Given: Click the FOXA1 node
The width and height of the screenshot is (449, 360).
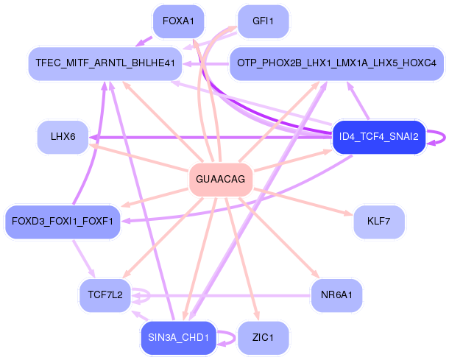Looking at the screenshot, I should pos(178,21).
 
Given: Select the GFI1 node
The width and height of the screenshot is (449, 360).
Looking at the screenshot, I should pos(263,21).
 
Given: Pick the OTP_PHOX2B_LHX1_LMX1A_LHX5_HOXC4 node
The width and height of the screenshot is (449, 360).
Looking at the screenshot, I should pos(336,64).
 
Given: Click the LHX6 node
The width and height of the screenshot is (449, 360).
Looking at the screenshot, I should pos(63,137).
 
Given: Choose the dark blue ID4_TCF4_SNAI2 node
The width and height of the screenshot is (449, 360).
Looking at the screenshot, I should pos(378,137).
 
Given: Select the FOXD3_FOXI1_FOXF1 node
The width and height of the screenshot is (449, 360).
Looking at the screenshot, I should pos(63,221).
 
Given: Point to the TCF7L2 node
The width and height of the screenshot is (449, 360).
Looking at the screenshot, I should pos(105,295).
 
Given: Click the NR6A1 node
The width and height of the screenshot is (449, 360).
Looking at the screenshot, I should pos(336,295).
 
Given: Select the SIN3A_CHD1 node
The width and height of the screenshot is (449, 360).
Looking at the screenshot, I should pos(178,338).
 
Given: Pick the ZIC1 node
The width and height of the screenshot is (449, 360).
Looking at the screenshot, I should pos(263,338).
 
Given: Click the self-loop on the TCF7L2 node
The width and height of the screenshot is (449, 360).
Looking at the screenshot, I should pos(147,295).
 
